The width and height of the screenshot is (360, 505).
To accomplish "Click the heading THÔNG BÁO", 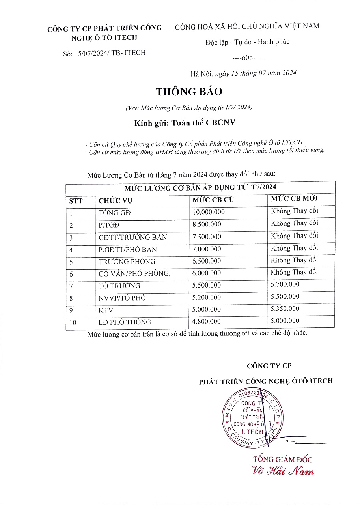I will coord(189,92).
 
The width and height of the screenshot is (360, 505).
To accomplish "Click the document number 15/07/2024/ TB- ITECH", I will coord(110,53).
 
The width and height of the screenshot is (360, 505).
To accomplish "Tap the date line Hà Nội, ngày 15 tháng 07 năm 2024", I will coord(243,73).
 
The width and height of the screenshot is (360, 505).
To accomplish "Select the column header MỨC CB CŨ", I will coord(213,200).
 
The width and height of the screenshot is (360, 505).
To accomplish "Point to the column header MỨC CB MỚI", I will coord(294,198).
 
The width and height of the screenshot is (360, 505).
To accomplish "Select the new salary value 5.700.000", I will coord(285,284).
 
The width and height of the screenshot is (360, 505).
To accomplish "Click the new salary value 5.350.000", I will coord(285,309).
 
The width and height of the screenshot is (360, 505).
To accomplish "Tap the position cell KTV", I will coord(106,310).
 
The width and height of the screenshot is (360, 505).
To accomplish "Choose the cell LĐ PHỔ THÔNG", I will coord(125,322).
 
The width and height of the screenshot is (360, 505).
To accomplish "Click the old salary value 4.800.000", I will coord(206,322).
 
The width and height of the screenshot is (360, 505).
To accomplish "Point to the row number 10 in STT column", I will coord(73,323).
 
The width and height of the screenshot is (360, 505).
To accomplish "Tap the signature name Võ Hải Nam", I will coord(283,471).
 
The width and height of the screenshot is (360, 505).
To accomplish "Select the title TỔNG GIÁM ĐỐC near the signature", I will coord(283,459).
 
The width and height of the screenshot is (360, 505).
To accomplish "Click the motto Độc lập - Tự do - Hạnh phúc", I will coord(247,42).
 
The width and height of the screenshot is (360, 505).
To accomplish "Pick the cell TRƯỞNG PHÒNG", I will coord(127,262).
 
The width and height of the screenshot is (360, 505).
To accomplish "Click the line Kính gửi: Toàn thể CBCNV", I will coord(185,122).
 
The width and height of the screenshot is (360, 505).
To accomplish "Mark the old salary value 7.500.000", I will coord(206,237).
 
